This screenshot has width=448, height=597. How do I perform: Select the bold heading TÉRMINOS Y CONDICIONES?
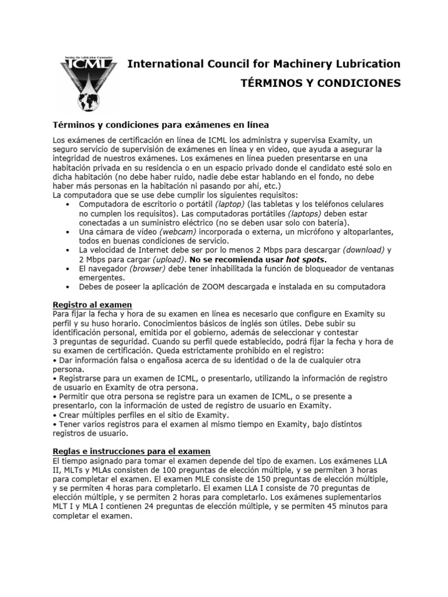tap(321, 83)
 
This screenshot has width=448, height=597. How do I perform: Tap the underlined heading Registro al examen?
tap(92, 305)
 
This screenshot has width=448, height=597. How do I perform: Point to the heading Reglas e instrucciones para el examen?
tap(131, 452)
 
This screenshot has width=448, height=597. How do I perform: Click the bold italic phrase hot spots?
tap(305, 259)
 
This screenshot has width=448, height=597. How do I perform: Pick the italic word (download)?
tap(363, 250)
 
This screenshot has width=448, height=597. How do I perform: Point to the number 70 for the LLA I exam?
tap(319, 489)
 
